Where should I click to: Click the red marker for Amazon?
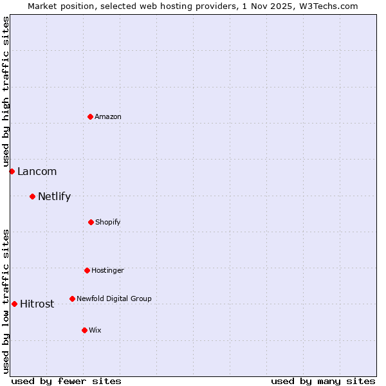click(91, 116)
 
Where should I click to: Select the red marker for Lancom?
click(12, 171)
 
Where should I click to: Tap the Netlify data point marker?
click(32, 196)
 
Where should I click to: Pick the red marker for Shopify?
click(91, 222)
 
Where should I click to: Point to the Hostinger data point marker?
click(87, 270)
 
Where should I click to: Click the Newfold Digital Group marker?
click(72, 299)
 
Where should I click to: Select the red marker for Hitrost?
click(14, 304)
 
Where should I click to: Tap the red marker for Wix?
click(84, 330)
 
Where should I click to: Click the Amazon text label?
click(108, 116)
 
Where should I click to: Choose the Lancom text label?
click(37, 171)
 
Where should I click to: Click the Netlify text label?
click(54, 196)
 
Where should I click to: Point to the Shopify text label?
click(108, 222)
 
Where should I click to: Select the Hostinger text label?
click(107, 270)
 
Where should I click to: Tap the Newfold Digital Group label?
click(114, 299)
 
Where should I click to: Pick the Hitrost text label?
click(37, 304)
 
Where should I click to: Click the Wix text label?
click(95, 330)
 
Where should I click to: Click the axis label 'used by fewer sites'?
click(66, 381)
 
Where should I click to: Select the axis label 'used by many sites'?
click(323, 381)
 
